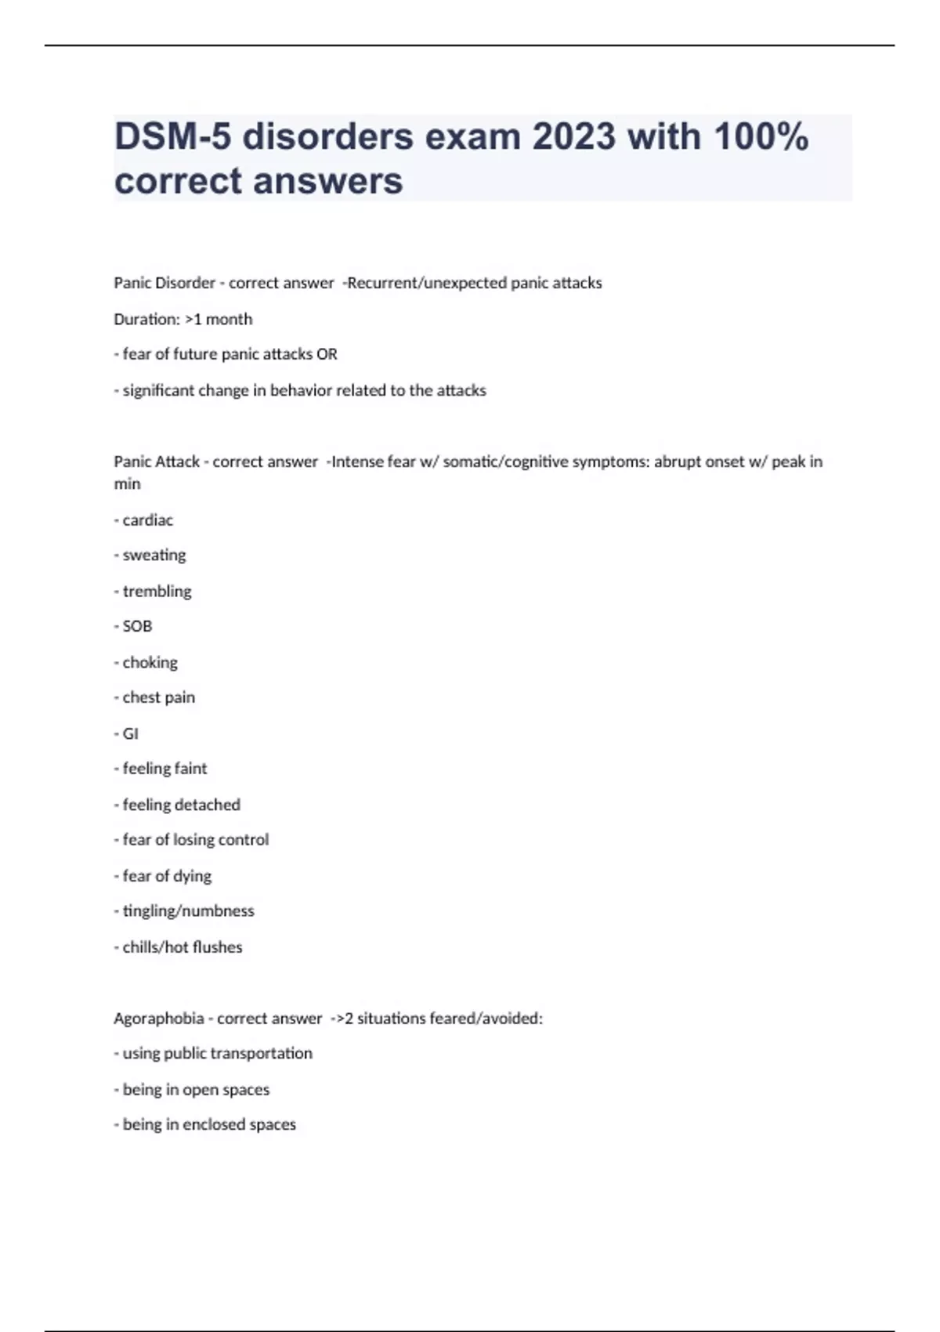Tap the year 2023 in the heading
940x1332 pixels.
coord(574,137)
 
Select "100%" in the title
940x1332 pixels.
coord(761,137)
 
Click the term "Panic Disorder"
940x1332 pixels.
coord(164,283)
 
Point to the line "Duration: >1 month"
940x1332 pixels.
coord(183,319)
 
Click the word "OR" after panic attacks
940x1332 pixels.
coord(327,354)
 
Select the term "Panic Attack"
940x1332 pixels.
coord(157,461)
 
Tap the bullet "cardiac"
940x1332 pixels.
coord(147,520)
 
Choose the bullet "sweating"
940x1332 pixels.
coord(154,555)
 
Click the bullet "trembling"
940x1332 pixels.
coord(157,591)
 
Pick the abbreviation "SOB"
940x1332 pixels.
coord(137,626)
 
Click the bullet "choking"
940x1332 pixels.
coord(150,662)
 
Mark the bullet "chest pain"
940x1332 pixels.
coord(158,697)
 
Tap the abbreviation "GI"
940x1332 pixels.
coord(130,733)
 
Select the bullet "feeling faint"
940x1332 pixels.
coord(164,769)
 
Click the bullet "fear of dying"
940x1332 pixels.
coord(167,875)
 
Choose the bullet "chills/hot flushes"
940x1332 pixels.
coord(182,947)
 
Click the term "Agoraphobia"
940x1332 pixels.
coord(159,1019)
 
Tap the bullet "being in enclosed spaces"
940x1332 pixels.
coord(209,1124)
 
